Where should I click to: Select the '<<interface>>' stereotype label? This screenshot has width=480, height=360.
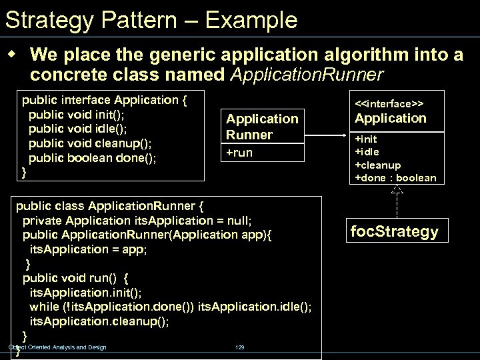click(390, 103)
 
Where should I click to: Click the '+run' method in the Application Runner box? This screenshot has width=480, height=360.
click(240, 153)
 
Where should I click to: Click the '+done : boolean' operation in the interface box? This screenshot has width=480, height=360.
click(395, 177)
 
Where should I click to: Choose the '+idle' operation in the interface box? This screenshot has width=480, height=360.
click(367, 152)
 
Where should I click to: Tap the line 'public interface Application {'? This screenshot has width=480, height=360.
click(105, 101)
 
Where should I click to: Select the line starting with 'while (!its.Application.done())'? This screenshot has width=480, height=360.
click(170, 307)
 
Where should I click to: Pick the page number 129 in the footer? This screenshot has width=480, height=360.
click(240, 347)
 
